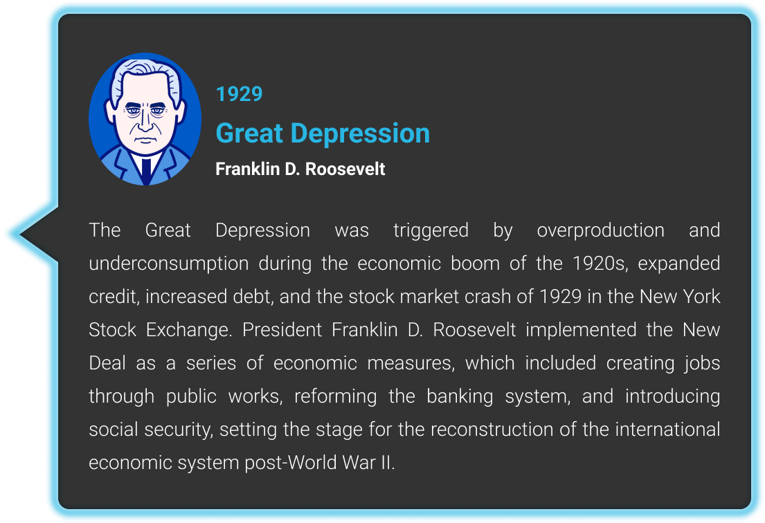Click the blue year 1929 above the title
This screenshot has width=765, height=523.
pyautogui.click(x=239, y=94)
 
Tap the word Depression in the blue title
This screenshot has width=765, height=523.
pyautogui.click(x=360, y=134)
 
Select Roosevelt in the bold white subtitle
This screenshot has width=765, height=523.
pyautogui.click(x=345, y=169)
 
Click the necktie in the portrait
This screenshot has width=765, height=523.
pyautogui.click(x=146, y=169)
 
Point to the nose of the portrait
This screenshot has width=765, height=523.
pyautogui.click(x=145, y=121)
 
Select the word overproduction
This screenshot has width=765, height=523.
pyautogui.click(x=601, y=230)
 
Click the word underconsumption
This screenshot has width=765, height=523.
pyautogui.click(x=169, y=264)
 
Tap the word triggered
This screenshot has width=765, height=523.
pyautogui.click(x=431, y=230)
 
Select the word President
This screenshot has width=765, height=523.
pyautogui.click(x=282, y=330)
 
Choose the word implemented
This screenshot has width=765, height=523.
pyautogui.click(x=581, y=330)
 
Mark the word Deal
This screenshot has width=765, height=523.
pyautogui.click(x=107, y=363)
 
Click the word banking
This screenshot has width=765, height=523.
pyautogui.click(x=460, y=396)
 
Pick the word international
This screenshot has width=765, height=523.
pyautogui.click(x=667, y=430)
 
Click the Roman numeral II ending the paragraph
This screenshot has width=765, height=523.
pyautogui.click(x=387, y=463)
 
